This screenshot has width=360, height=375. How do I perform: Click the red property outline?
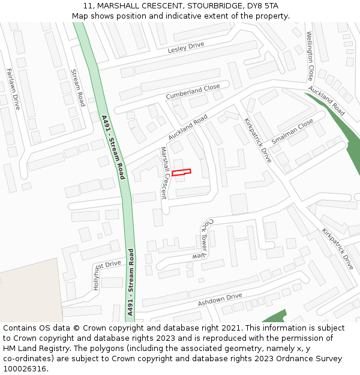click(181, 173)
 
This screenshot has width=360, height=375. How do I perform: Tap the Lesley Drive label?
click(186, 47)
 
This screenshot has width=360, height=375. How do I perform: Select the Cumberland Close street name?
click(193, 92)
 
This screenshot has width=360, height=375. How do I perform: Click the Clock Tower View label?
click(202, 238)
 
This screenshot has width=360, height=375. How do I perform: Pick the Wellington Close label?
click(310, 56)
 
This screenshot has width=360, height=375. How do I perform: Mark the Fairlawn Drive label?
click(13, 89)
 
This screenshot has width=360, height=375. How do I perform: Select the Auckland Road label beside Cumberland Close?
click(188, 127)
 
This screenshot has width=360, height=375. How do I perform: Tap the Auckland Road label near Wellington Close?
click(327, 101)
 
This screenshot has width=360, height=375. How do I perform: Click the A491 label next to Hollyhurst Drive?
click(131, 282)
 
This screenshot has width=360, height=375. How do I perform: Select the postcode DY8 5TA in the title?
click(262, 6)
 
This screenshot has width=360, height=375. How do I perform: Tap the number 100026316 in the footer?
click(24, 368)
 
